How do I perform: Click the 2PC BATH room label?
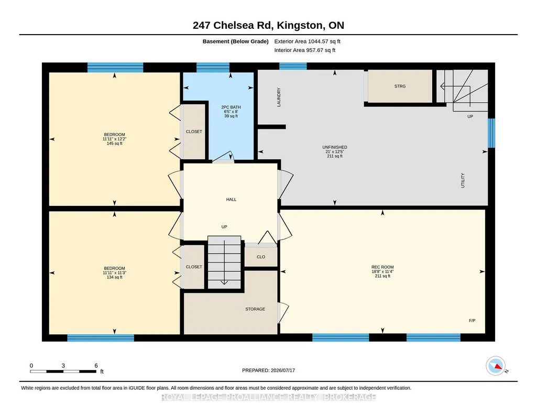(231, 107)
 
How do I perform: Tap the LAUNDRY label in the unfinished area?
(279, 97)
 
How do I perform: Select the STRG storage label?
(400, 86)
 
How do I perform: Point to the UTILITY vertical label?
(463, 180)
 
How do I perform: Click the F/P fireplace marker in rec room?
(472, 321)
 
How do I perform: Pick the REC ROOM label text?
(382, 267)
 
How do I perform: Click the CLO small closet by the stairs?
(261, 257)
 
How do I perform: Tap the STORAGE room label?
(255, 309)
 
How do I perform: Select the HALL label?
(231, 199)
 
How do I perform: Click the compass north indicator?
(496, 366)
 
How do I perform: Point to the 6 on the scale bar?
(96, 366)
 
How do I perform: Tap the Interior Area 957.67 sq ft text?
(305, 50)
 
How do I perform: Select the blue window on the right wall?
(491, 133)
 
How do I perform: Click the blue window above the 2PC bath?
(213, 67)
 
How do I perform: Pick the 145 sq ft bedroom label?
(114, 144)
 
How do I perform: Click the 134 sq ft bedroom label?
(114, 277)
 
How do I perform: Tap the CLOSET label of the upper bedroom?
(194, 132)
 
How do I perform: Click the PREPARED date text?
(268, 370)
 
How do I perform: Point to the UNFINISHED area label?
(335, 147)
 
